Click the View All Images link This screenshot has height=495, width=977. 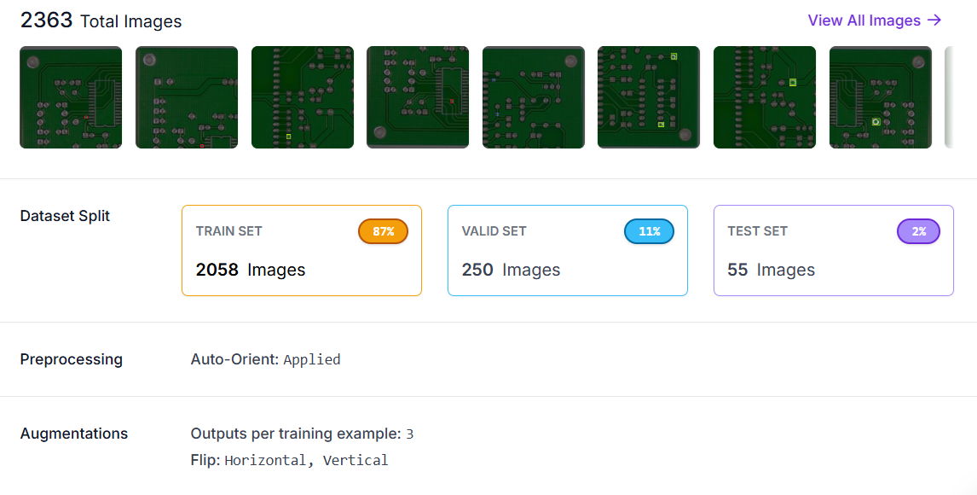pos(864,20)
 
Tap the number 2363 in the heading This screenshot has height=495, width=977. pos(46,20)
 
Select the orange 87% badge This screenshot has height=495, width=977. pos(383,231)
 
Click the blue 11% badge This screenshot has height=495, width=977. pos(649,231)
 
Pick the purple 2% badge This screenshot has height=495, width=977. pos(918,231)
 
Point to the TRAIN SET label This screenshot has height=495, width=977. pos(229,231)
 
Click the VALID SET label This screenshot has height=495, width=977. pos(494,231)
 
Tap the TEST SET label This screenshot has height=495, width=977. pos(757,231)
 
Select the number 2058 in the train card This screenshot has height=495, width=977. pos(217,270)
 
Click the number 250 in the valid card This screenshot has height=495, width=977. pos(477,270)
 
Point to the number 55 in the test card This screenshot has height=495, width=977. pos(737,270)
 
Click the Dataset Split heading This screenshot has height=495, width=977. pos(65,216)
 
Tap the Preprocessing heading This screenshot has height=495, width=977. pos(71,359)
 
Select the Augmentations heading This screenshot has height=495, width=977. pos(74,434)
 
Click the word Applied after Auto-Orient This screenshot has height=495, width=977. pos(312,359)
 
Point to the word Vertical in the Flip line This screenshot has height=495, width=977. pos(356,460)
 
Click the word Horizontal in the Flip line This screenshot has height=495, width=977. pos(264,460)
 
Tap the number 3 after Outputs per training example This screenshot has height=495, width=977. pos(410,434)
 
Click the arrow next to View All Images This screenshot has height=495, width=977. pos(934,20)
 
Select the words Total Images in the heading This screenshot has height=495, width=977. pos(130,21)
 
